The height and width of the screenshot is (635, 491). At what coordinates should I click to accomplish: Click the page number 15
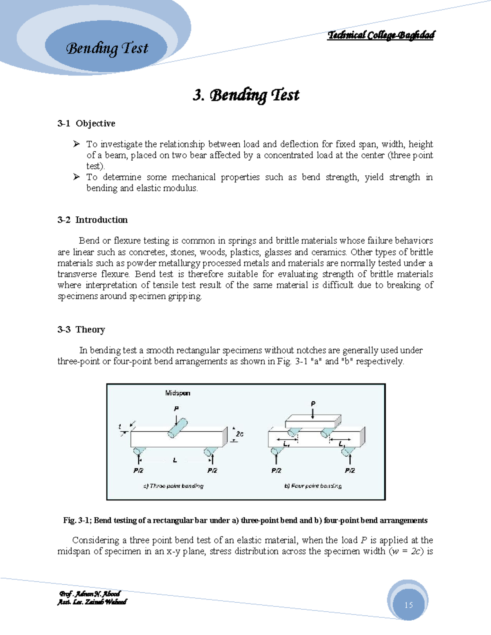pos(408,605)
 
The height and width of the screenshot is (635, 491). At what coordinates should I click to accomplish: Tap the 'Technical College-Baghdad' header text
pos(381,35)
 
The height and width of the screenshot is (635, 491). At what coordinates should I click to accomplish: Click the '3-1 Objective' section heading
pos(86,123)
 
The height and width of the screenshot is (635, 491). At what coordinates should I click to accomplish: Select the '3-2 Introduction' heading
pos(92,220)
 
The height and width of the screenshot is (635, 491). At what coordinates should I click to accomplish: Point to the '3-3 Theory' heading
pos(81,330)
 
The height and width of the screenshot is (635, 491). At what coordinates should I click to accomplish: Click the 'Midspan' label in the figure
pos(178,393)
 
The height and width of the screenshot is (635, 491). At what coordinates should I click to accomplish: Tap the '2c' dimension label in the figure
pos(240,434)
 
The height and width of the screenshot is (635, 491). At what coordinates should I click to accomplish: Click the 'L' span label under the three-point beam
pos(175,460)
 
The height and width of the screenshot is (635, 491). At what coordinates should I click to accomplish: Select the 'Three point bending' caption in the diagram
pos(173,486)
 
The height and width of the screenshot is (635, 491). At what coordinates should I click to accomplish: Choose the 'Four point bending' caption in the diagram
pos(313,486)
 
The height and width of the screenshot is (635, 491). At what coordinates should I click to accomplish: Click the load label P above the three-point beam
pos(176,408)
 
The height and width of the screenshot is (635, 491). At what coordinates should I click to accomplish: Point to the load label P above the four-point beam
pos(313,404)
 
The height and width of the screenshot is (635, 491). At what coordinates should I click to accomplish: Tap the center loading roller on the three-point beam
pos(177,428)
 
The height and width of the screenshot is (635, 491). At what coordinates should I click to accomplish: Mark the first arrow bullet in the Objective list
pos(76,144)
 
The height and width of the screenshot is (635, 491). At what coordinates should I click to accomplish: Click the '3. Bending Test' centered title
pos(246,95)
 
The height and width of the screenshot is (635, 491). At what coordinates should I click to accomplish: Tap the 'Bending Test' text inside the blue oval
pos(107,48)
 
